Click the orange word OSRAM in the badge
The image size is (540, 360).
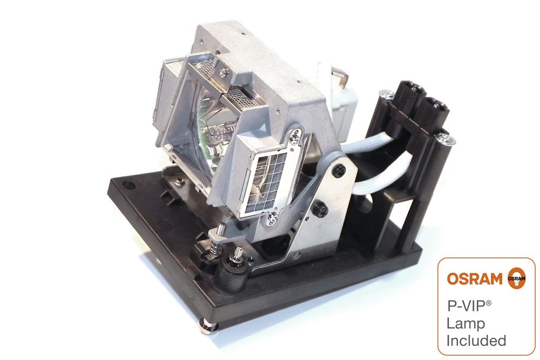pos(474,279)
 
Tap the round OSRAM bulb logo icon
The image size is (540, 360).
pos(517,278)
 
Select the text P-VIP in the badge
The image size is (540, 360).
pos(466,305)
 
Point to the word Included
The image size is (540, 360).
pos(476,341)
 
